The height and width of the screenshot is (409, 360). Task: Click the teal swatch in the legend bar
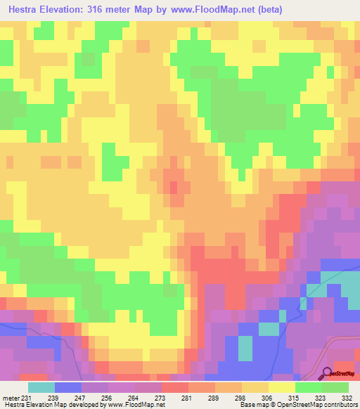pyautogui.click(x=41, y=388)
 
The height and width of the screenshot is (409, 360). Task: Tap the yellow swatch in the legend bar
pyautogui.click(x=282, y=388)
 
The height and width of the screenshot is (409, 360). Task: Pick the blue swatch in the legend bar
pyautogui.click(x=68, y=388)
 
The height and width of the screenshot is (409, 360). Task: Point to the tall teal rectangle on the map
pyautogui.click(x=245, y=349)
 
